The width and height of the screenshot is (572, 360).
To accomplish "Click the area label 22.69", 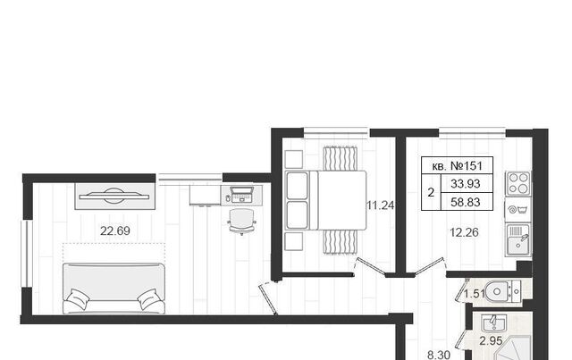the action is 115,230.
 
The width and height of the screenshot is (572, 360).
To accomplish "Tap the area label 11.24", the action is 381,205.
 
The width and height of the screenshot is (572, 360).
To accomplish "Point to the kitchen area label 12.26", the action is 464,232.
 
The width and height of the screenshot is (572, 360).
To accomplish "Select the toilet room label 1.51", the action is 475,294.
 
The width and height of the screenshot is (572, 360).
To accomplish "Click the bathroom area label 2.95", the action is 491,341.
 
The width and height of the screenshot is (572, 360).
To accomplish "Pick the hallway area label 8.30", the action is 439,355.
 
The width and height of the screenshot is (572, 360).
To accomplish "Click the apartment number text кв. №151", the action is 457,166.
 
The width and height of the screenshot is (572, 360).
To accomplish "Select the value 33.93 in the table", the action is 465,183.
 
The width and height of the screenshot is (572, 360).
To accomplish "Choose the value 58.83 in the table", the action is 465,202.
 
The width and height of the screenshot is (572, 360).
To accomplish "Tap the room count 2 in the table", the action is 431,193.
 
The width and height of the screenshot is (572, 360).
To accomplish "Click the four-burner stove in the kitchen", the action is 518,183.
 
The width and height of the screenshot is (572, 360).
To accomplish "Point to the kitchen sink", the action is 518,239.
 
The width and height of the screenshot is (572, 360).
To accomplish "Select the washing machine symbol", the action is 518,210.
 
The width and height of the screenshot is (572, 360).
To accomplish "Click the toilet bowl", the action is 504,291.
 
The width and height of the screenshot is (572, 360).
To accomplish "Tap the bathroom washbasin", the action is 493,323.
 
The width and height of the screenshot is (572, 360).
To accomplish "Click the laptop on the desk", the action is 241,195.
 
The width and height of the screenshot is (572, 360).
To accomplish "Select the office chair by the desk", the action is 241,222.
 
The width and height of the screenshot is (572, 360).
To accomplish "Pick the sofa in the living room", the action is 114,289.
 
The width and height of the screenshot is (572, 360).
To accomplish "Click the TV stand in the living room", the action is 115,197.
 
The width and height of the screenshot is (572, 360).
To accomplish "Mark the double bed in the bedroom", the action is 325,200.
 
